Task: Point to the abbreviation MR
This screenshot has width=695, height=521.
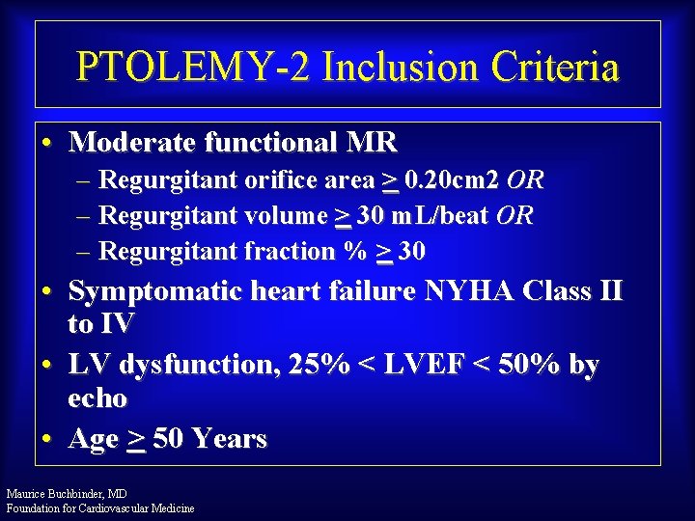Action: coord(372,143)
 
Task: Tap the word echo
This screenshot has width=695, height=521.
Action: coord(97,398)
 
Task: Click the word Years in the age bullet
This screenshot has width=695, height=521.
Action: coord(229,439)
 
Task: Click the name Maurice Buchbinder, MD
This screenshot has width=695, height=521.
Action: coord(67,494)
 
